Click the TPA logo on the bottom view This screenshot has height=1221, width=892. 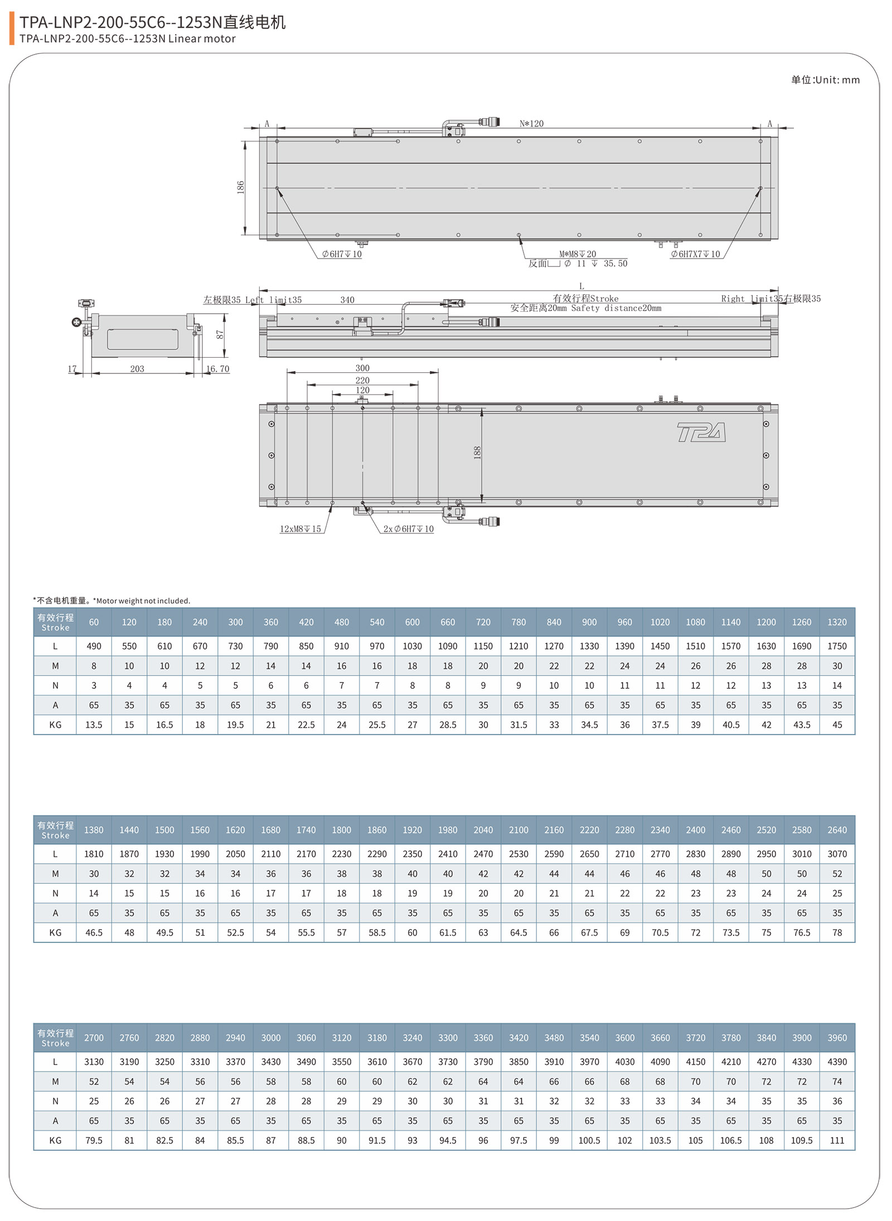pos(701,432)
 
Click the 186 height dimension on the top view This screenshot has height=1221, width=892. pos(241,187)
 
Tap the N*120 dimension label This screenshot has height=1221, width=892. pos(531,124)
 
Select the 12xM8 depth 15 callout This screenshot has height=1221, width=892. pos(300,529)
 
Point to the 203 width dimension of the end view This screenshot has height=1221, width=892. pos(137,369)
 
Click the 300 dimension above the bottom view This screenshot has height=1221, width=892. pos(362,368)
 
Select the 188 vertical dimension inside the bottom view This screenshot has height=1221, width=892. pos(477,453)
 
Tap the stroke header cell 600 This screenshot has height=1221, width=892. pos(412,622)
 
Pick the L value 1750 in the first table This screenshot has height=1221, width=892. pos(837,646)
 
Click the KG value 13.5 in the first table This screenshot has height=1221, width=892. pos(94,724)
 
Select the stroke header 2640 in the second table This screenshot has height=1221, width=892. pos(837,830)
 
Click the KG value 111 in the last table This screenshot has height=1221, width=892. pos(837,1140)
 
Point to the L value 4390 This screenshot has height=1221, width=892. pos(837,1062)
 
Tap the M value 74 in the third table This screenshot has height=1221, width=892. pos(837,1081)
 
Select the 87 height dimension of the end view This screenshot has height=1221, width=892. pos(220,334)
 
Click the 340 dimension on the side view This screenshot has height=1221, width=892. pos(347,300)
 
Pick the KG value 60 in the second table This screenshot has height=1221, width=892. pos(412,932)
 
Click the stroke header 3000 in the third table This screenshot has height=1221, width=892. pos(270,1038)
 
